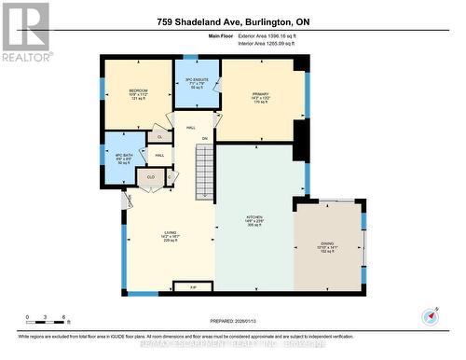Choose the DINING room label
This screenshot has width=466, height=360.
point(326,245)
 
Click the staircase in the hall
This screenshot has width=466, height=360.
point(204,168)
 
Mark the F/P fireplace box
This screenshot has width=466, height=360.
point(194,288)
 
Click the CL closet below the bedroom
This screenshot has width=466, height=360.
point(158,136)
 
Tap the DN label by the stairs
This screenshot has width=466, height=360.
point(204,137)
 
